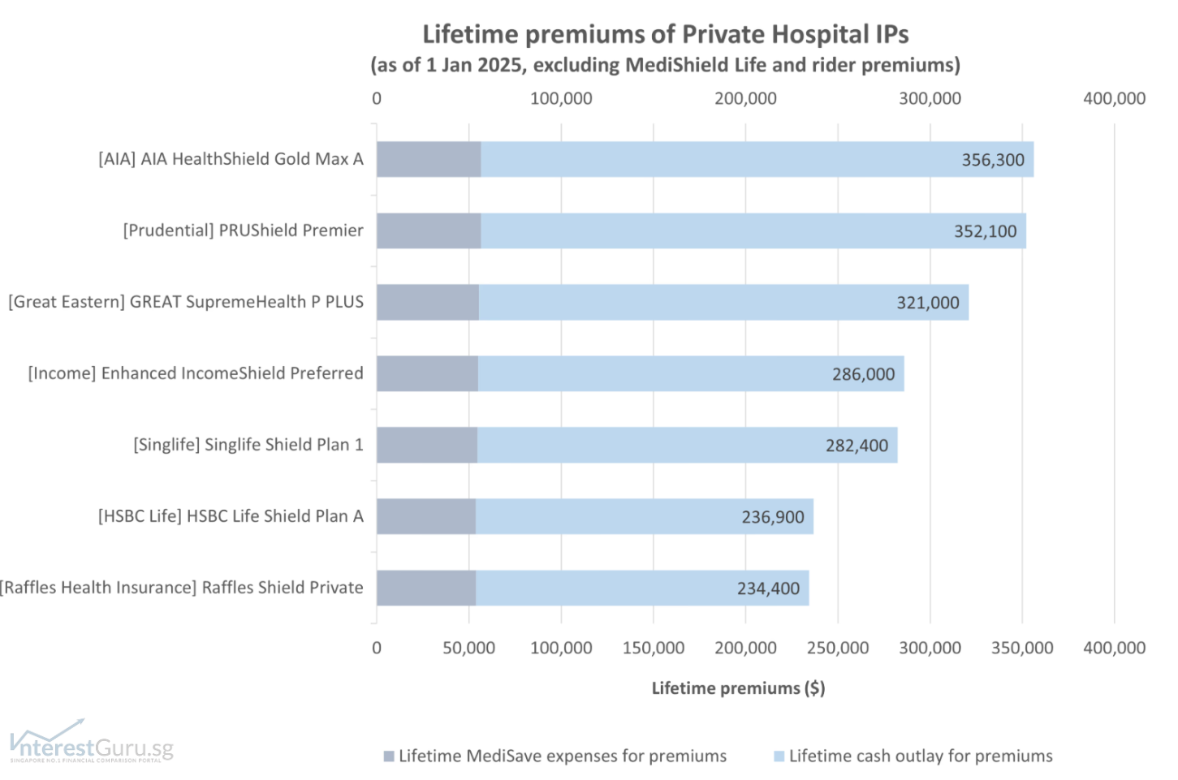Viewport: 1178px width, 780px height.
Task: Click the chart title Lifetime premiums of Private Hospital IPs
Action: [x=665, y=34]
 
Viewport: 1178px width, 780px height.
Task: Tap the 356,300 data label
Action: [x=993, y=160]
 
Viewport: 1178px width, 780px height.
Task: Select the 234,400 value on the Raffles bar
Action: [x=768, y=588]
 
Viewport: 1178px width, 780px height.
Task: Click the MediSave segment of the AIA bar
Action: [x=429, y=159]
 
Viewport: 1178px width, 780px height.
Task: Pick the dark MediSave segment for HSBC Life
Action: [x=426, y=516]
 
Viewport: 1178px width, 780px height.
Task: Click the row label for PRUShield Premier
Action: [x=243, y=231]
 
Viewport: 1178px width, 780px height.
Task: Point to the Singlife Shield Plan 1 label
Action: [x=248, y=445]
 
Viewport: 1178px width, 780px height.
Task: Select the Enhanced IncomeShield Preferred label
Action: [x=196, y=373]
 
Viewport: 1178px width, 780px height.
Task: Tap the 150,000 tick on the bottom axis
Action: [x=653, y=648]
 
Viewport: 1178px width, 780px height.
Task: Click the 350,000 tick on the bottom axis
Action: [x=1021, y=648]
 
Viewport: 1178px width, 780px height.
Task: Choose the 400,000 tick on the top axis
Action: [x=1114, y=99]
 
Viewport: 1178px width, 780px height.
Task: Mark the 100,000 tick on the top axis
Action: [x=561, y=99]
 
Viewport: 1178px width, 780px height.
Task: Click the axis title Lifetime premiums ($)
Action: [x=738, y=688]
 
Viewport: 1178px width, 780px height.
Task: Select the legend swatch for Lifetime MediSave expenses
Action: [x=389, y=756]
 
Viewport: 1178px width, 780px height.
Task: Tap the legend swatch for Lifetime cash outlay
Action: [x=779, y=756]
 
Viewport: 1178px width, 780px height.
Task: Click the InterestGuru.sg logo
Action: [x=91, y=743]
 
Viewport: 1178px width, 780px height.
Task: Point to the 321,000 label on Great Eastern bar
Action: [x=927, y=303]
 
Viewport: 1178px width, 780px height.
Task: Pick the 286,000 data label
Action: [x=863, y=374]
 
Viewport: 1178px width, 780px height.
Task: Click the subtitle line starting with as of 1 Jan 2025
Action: [x=665, y=65]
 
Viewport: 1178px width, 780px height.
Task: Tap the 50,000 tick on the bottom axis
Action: [x=468, y=648]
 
